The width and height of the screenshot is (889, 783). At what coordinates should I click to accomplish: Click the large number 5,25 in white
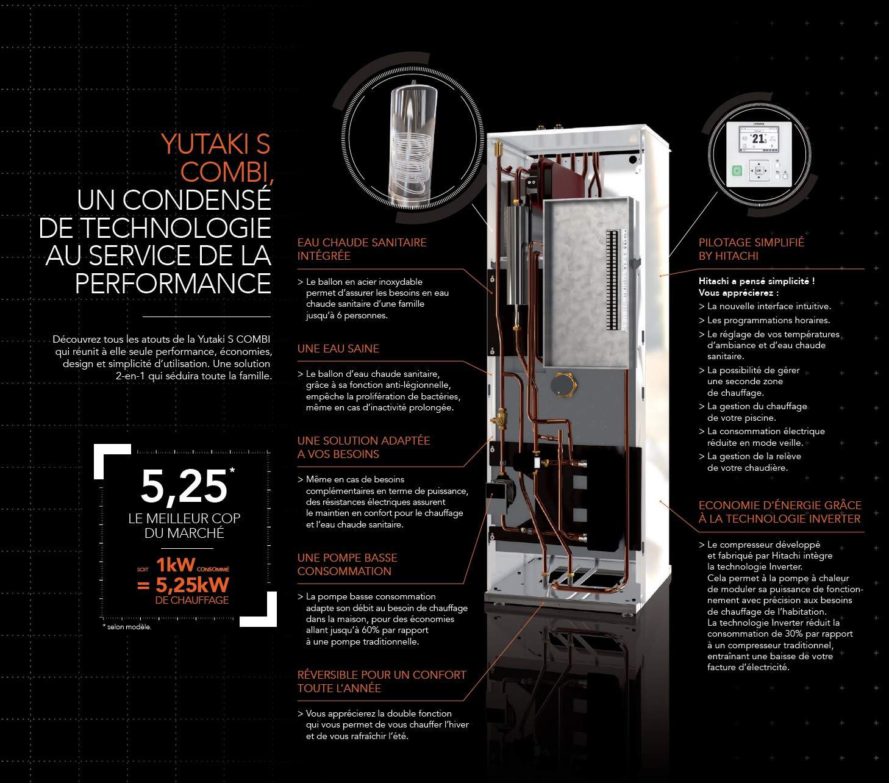point(184,486)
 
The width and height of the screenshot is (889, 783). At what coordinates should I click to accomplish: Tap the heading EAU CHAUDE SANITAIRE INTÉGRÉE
point(362,249)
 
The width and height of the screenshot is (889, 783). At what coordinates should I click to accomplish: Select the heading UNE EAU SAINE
point(338,348)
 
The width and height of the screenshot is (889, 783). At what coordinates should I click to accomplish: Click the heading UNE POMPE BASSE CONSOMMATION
point(347,565)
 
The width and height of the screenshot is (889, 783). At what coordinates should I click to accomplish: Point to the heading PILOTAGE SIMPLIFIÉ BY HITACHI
point(751,249)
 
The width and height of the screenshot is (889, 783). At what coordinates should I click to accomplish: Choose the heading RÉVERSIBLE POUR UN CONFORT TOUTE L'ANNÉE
point(382,681)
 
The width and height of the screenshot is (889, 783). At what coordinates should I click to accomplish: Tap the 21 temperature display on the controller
point(759,138)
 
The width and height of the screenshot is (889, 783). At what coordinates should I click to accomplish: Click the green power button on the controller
point(737,170)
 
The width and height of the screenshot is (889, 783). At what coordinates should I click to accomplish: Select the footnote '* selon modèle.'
point(127,627)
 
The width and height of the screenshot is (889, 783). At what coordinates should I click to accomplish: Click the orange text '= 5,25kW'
point(183,585)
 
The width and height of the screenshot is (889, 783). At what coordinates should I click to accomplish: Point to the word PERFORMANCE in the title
point(173,283)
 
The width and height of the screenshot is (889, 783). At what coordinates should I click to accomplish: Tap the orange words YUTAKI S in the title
point(215,144)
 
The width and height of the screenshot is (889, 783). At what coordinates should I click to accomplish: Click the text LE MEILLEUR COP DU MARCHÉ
point(184,526)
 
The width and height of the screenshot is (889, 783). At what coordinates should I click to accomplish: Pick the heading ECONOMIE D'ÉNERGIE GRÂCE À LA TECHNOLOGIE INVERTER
point(780,512)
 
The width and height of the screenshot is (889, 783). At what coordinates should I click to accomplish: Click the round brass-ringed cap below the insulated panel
point(563,385)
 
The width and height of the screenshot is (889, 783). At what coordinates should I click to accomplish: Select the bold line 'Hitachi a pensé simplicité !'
point(757,281)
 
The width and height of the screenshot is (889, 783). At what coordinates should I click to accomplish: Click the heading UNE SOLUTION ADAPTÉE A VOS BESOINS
point(363,447)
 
